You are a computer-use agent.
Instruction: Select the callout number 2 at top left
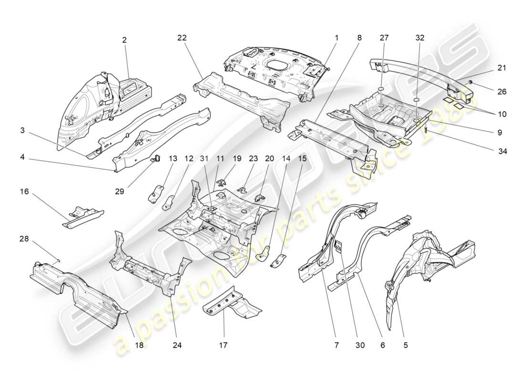tap(125, 40)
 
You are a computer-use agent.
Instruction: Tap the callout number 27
tap(385, 37)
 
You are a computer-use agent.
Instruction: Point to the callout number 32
tap(420, 37)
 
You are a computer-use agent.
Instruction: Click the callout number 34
tap(502, 151)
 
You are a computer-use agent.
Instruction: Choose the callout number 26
tap(502, 91)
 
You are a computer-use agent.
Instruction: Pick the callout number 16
tap(24, 191)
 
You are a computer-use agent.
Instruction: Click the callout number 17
tap(224, 344)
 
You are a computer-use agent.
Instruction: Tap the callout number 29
tap(120, 191)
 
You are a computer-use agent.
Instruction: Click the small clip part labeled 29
tap(155, 159)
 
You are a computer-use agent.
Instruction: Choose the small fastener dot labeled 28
tap(58, 260)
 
